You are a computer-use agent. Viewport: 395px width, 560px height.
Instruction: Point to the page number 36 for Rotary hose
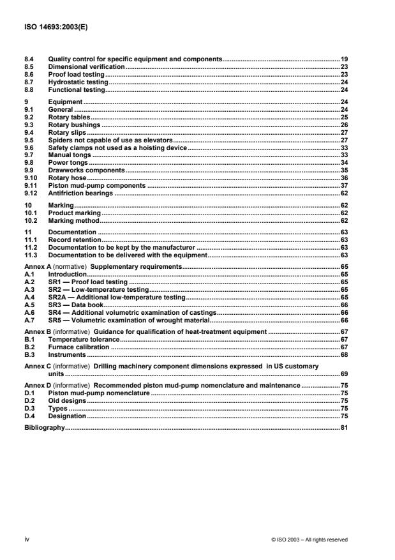[x=343, y=177]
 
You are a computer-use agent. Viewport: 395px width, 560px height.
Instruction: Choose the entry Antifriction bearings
[x=80, y=193]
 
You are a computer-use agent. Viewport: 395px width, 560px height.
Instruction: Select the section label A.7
[x=29, y=320]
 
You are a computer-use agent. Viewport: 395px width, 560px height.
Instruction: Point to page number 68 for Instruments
[x=343, y=354]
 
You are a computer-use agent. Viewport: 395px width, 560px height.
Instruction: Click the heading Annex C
[x=38, y=367]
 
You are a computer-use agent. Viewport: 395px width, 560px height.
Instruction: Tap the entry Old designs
[x=67, y=400]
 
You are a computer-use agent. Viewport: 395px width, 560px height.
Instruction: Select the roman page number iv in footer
[x=27, y=540]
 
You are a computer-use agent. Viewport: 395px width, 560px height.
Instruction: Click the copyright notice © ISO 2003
[x=309, y=540]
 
